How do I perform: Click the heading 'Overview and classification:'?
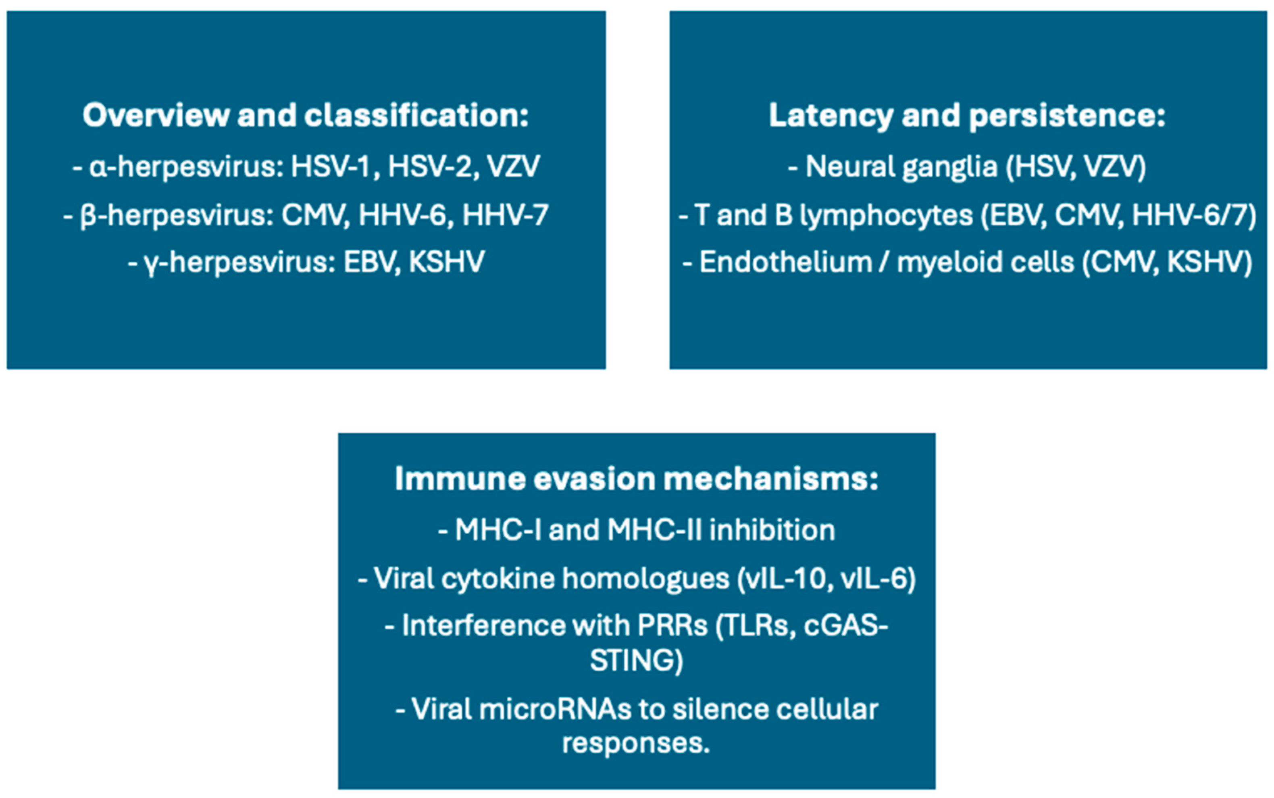(306, 115)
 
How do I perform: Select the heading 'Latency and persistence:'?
(967, 115)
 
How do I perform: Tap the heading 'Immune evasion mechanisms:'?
(636, 479)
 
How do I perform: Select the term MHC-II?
(654, 530)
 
